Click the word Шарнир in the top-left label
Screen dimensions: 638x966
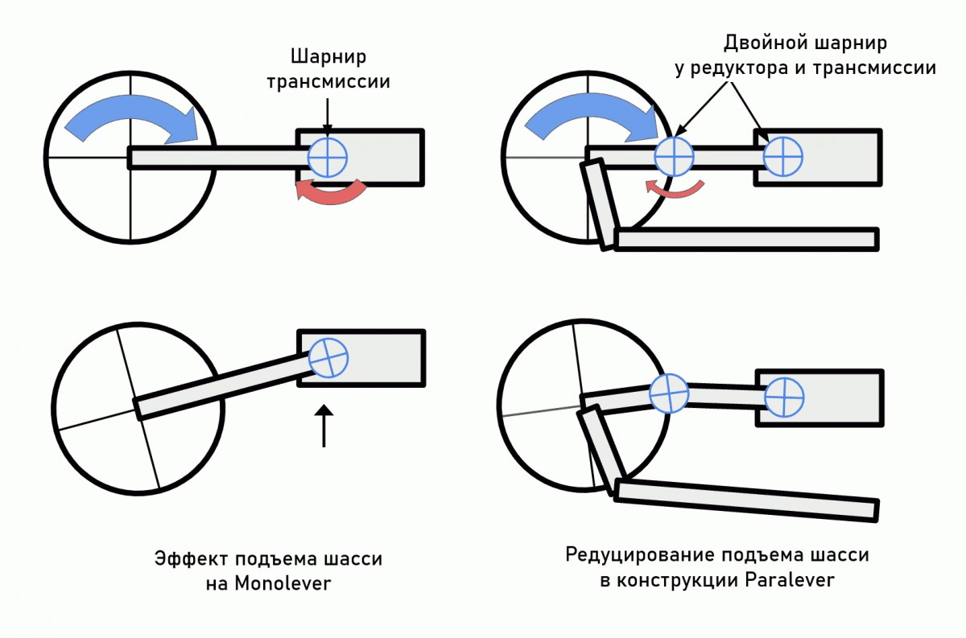click(x=328, y=58)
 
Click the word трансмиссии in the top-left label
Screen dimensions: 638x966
click(x=328, y=82)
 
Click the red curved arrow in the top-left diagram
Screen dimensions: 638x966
click(x=331, y=191)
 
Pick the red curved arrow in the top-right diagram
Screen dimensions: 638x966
click(x=675, y=187)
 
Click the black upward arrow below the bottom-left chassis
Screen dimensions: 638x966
click(x=323, y=426)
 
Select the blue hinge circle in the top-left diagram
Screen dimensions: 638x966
click(x=328, y=155)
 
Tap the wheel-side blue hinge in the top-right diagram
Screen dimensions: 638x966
click(x=674, y=155)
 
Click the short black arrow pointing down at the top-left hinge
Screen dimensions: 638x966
click(x=327, y=115)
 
